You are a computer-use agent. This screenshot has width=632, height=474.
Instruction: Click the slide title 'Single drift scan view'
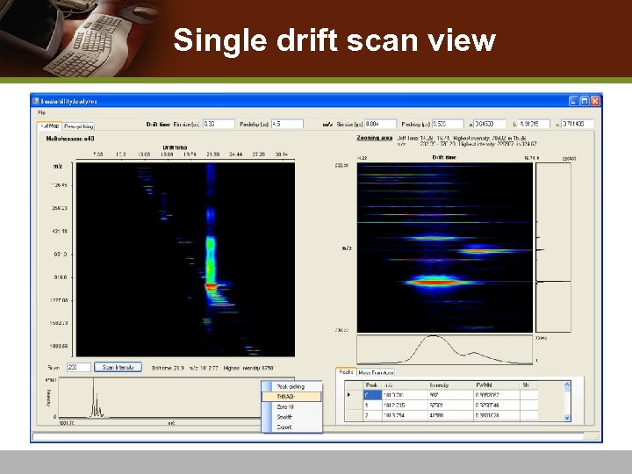[334, 41]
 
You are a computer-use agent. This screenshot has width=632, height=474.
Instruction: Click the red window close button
[595, 101]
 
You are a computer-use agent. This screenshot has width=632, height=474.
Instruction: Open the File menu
[41, 113]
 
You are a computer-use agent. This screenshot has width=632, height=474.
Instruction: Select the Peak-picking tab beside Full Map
[79, 126]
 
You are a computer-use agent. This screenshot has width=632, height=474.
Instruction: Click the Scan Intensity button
[118, 367]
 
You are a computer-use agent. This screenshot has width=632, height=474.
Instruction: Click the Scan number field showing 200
[77, 367]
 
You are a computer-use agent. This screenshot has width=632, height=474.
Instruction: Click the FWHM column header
[486, 384]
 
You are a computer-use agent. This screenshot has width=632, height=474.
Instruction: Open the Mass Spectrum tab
[376, 373]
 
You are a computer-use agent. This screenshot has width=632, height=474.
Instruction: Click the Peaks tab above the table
[345, 372]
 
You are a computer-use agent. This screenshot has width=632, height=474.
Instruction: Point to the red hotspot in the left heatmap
[211, 285]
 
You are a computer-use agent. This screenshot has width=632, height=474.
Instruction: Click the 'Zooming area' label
[373, 138]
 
